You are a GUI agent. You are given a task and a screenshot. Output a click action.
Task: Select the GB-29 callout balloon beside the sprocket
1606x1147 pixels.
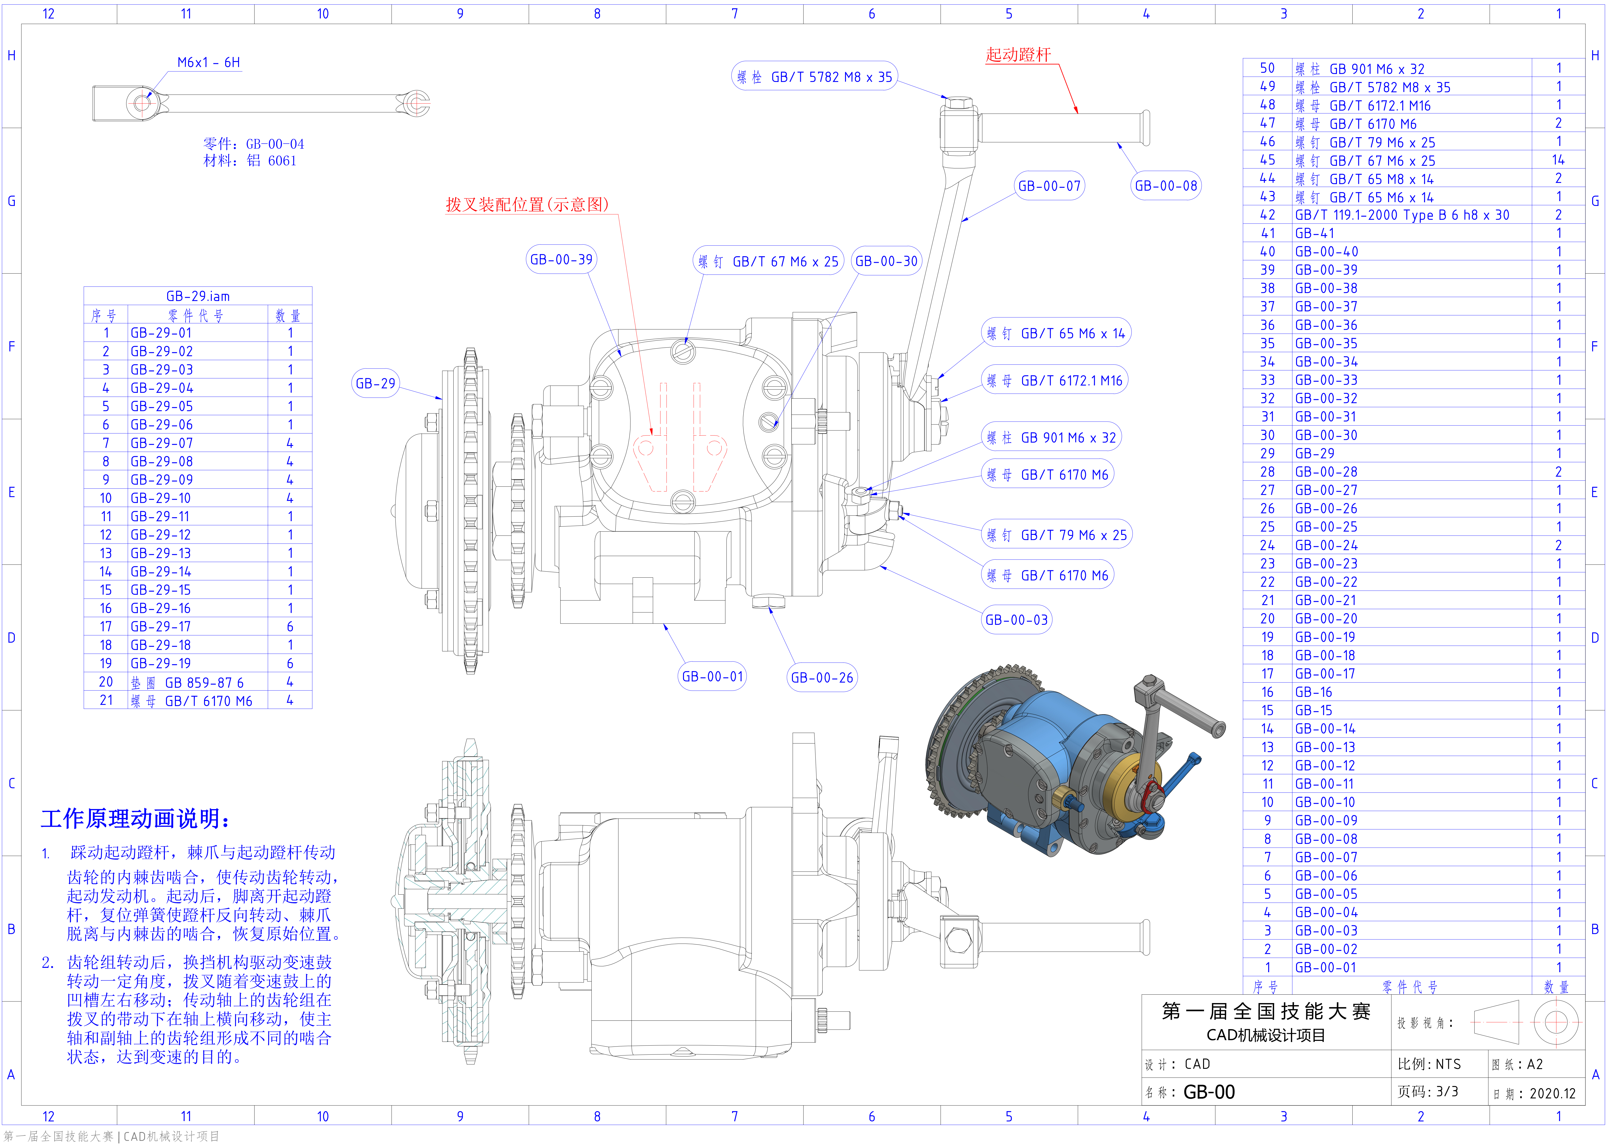[375, 383]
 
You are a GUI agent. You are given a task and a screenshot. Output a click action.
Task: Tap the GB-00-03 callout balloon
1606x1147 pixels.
[1016, 620]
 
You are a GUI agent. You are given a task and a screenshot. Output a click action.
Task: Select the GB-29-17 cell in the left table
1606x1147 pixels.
[161, 626]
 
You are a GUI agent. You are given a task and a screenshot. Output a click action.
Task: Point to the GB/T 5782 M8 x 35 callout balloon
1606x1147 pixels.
[814, 77]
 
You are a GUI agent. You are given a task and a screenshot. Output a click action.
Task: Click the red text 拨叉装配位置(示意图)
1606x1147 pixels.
[527, 205]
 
